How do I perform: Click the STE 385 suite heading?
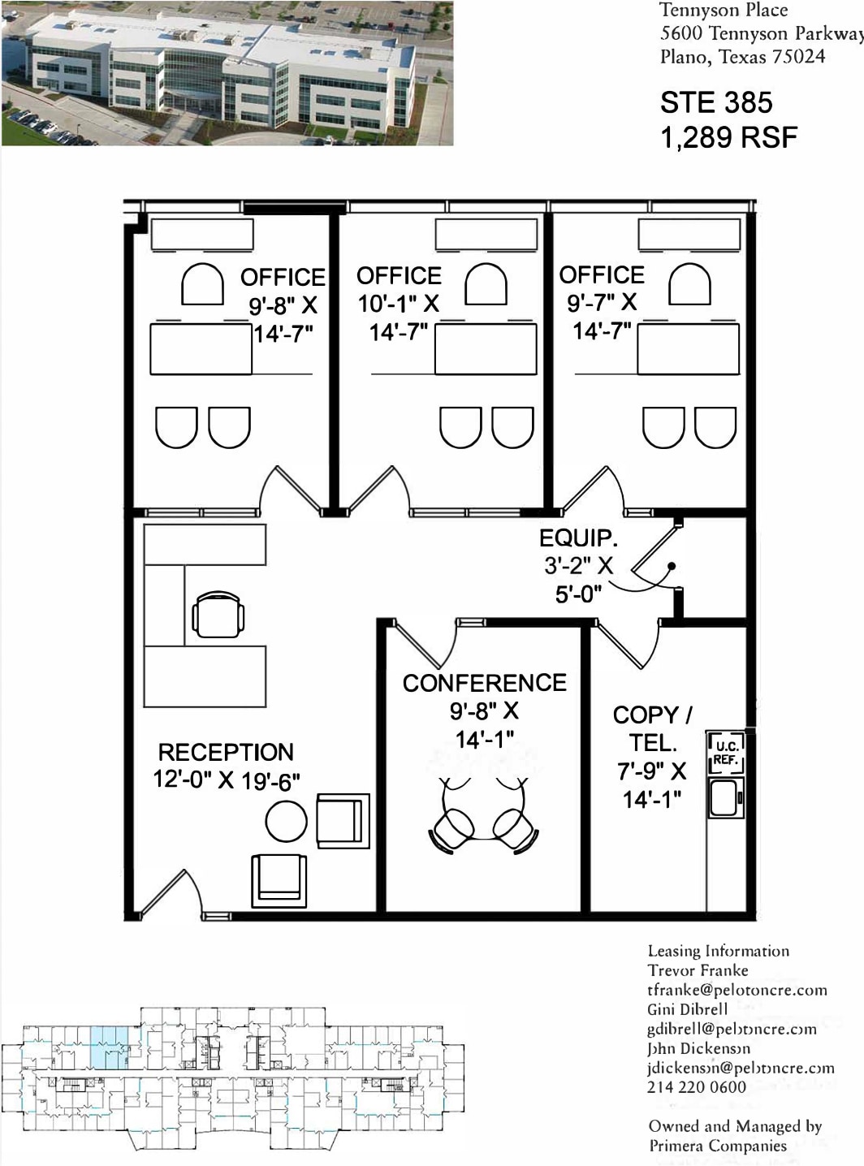(715, 103)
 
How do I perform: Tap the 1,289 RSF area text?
(728, 138)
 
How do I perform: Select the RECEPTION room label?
(226, 752)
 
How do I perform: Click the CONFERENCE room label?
(485, 683)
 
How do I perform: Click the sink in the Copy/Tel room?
(724, 797)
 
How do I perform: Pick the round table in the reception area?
(286, 821)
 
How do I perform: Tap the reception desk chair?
(218, 615)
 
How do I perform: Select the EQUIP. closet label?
(578, 538)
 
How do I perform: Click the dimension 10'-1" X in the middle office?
(398, 304)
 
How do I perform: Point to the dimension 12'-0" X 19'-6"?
(227, 780)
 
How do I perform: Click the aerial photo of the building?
(227, 74)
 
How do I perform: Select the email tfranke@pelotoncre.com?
(737, 990)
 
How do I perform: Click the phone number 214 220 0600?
(696, 1087)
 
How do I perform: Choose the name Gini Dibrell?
(687, 1009)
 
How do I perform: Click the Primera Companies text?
(717, 1146)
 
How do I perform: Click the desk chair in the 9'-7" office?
(689, 284)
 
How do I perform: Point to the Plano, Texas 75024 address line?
(742, 57)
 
